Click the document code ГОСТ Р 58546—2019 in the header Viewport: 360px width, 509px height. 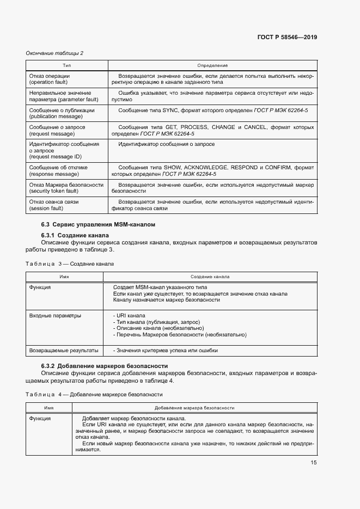tap(286, 38)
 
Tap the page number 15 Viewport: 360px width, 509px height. tap(314, 463)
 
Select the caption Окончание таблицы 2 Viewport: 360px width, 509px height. tap(54, 53)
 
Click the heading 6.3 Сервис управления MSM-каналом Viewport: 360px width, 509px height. tap(98, 224)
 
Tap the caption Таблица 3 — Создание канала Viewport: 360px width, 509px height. tap(70, 263)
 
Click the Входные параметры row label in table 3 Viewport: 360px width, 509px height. tap(55, 315)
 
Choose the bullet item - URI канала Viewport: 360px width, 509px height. tap(129, 315)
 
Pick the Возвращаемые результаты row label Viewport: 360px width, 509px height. tap(64, 350)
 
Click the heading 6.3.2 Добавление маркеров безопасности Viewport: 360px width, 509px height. tap(105, 366)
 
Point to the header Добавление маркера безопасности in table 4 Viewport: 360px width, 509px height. tap(194, 407)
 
